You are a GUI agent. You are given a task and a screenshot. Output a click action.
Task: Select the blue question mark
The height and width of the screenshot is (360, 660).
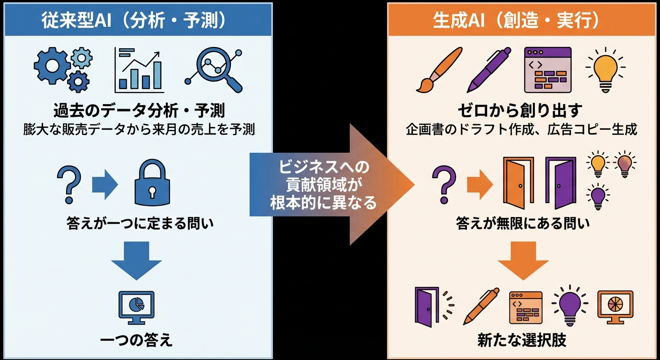click(69, 183)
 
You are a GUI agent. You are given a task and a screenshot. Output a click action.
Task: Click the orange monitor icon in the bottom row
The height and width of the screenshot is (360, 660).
click(615, 306)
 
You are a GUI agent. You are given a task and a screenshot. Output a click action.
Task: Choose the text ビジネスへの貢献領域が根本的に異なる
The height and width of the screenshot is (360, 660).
click(324, 185)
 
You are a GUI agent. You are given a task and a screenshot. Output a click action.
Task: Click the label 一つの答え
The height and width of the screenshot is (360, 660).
click(136, 339)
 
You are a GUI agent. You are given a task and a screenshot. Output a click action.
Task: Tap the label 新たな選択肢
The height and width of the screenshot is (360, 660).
click(522, 340)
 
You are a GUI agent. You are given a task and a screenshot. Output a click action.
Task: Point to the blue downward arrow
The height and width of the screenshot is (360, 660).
click(136, 260)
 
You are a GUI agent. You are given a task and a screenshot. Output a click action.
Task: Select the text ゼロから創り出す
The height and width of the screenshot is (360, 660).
click(520, 111)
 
